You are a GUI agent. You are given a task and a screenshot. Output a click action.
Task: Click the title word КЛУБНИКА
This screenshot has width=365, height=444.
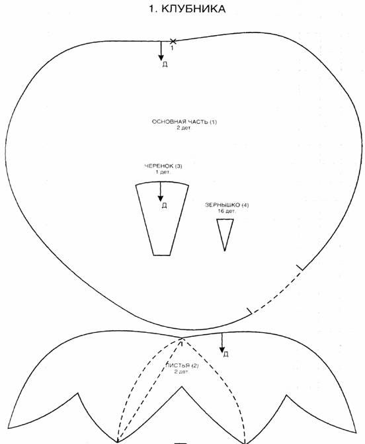(x=193, y=9)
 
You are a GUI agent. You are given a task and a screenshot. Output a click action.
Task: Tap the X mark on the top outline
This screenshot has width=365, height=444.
(x=173, y=41)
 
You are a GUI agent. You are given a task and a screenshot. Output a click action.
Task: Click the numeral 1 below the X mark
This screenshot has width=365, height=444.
(x=172, y=48)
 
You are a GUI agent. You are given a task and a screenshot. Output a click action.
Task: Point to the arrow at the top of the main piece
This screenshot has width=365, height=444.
(x=161, y=51)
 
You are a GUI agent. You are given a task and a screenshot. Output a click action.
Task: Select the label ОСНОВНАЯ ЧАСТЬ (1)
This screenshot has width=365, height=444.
(x=184, y=122)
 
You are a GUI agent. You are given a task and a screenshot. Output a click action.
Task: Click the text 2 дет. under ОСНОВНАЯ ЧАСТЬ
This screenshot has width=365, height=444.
(x=184, y=128)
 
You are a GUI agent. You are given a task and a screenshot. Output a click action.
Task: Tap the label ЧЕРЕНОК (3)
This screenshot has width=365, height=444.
(x=163, y=166)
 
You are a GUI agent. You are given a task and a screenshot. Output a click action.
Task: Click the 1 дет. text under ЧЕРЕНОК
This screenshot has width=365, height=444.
(x=163, y=172)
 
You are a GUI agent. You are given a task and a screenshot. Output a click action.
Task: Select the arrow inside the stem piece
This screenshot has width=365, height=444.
(x=161, y=191)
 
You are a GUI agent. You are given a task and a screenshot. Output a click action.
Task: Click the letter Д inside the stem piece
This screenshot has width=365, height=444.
(x=164, y=205)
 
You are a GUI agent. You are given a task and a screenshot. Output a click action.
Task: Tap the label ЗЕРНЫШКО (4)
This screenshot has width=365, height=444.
(x=227, y=204)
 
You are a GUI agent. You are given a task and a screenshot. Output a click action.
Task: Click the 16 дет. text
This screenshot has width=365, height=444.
(x=227, y=211)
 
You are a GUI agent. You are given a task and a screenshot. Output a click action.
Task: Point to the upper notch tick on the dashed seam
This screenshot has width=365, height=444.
(x=300, y=267)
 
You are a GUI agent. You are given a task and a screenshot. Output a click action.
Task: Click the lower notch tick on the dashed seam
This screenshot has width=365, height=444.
(x=249, y=311)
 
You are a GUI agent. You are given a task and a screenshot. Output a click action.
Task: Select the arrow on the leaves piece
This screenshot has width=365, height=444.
(x=222, y=343)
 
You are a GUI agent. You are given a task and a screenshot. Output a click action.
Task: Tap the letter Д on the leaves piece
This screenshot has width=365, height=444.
(x=225, y=354)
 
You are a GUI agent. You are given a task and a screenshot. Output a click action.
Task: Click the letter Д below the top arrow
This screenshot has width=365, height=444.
(x=165, y=64)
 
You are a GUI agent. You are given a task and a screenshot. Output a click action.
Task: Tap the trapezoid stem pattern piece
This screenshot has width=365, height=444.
(x=162, y=218)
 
